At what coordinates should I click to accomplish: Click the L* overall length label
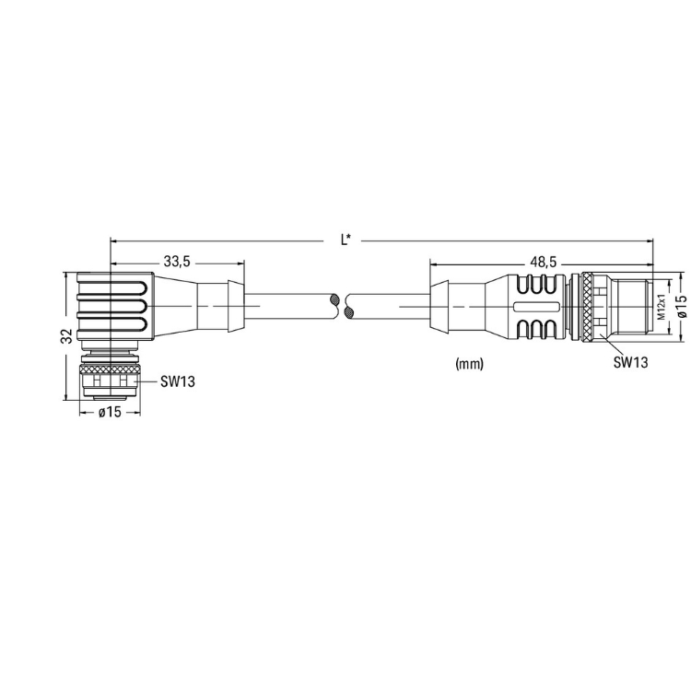(345, 240)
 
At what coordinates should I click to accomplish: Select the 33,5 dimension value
(177, 262)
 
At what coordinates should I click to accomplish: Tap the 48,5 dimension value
(544, 263)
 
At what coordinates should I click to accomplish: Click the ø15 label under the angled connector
(110, 412)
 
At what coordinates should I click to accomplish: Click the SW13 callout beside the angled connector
(177, 381)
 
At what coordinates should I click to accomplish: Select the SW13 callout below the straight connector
(630, 362)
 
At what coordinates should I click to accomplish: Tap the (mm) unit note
(469, 364)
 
